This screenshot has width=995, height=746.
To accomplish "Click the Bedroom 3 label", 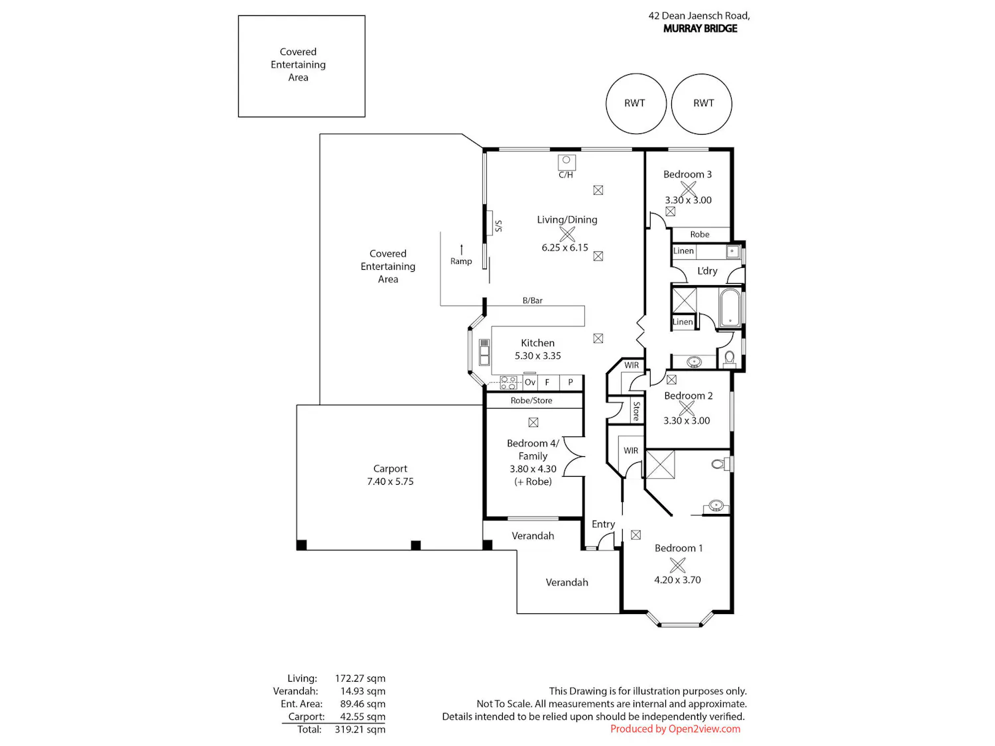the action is click(x=687, y=174).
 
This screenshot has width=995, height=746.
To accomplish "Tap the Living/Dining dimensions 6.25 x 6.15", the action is click(x=564, y=247).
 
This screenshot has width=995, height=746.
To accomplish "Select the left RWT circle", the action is click(x=635, y=103).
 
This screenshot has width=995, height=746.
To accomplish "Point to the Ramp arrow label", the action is click(x=460, y=261).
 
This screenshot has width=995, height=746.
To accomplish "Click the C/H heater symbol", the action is click(x=566, y=162).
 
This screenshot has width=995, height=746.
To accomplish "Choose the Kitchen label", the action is click(x=537, y=343).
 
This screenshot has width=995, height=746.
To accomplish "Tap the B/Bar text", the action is click(x=532, y=300).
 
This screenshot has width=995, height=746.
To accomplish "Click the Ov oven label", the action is click(x=529, y=382).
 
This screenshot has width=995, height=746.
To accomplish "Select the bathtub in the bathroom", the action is click(x=729, y=308).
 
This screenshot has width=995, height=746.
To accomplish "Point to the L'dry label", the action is click(x=706, y=271).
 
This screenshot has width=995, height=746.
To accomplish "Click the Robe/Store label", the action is click(x=531, y=401).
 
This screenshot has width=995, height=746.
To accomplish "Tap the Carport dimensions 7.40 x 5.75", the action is click(x=390, y=481).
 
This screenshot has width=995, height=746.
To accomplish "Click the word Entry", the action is click(x=603, y=524).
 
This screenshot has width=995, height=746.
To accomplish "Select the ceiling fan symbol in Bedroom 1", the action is click(x=677, y=565).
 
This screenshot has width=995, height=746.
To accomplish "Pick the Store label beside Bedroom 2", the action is click(x=636, y=411).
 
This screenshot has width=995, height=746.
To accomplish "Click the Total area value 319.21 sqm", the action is click(x=360, y=729).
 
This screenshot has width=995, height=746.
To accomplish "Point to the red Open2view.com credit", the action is click(x=675, y=729).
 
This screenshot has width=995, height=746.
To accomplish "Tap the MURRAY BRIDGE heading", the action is click(x=700, y=29).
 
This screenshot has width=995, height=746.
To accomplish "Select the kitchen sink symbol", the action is click(x=484, y=352).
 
